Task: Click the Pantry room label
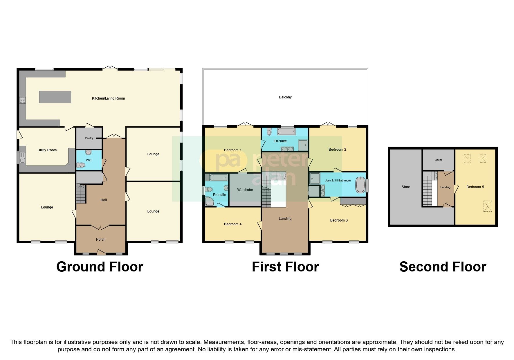89,138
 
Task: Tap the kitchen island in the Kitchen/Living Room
55,97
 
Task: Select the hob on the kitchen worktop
23,100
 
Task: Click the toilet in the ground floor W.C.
81,165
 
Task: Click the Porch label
101,240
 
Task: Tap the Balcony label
285,97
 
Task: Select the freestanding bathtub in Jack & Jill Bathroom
360,185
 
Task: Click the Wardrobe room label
245,190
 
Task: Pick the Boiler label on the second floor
438,160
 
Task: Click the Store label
406,187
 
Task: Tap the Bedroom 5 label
475,187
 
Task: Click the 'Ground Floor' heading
100,267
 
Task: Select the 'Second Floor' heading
443,267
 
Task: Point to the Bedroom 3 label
339,220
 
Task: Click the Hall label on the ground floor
104,200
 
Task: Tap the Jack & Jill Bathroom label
338,181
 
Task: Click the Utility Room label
47,150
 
